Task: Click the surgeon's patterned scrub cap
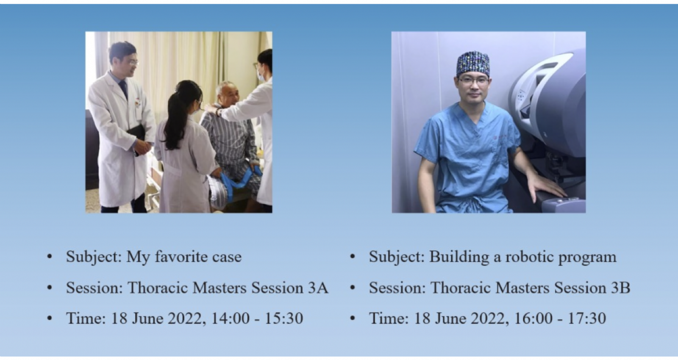(473, 63)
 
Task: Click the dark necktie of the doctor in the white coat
(124, 89)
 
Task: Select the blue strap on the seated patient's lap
(239, 182)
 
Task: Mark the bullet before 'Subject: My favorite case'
(50, 257)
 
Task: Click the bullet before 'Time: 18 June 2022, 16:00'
(352, 318)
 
